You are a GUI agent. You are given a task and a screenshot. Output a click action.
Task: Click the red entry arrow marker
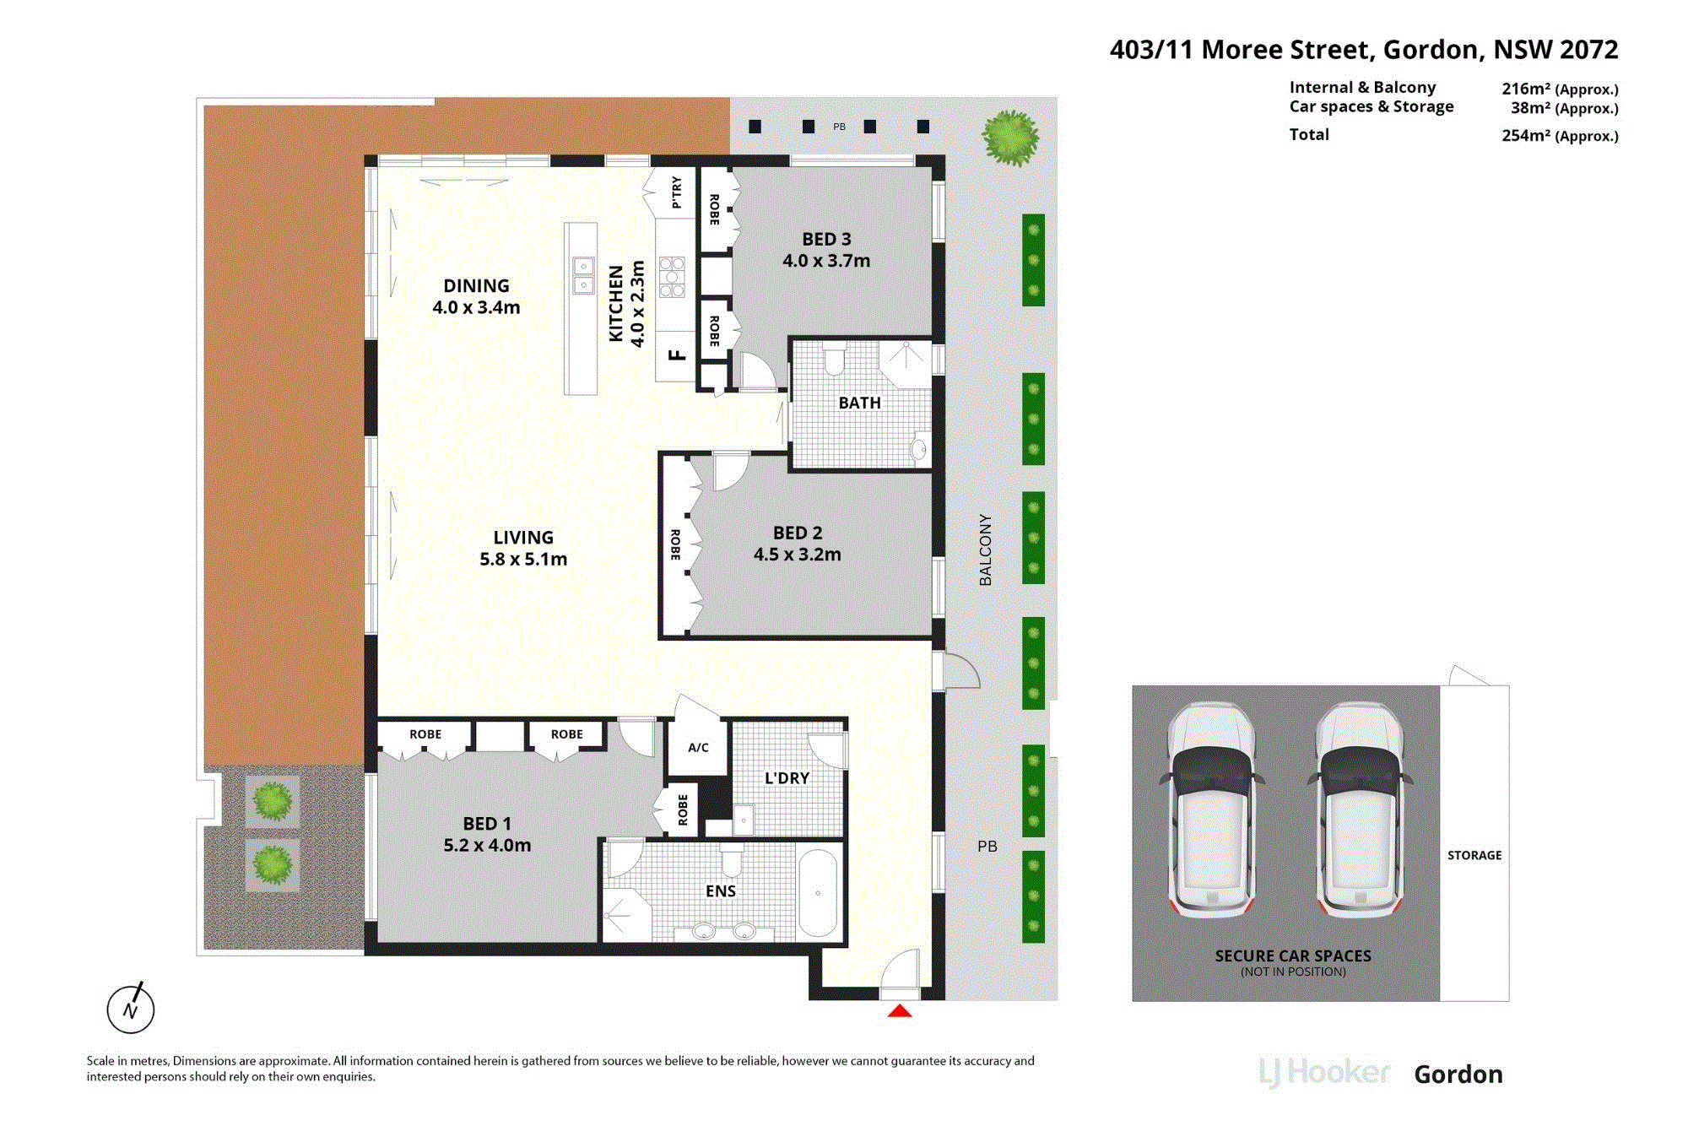tap(900, 1010)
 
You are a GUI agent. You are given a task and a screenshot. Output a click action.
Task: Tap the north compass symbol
tap(131, 1008)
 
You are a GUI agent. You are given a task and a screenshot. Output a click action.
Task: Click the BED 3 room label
tap(826, 239)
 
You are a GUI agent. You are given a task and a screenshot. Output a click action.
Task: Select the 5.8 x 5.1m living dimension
tap(523, 559)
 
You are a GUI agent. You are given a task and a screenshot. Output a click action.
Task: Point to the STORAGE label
tap(1474, 855)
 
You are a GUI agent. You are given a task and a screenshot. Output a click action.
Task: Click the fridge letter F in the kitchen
tap(677, 355)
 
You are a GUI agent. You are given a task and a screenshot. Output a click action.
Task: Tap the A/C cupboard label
tap(698, 747)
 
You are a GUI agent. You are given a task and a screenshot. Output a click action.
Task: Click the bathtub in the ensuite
tap(817, 893)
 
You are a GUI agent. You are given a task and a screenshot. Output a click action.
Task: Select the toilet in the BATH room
tap(834, 358)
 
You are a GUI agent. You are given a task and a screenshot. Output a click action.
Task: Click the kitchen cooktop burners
tap(672, 277)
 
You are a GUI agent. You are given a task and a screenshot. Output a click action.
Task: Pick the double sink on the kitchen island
tap(583, 275)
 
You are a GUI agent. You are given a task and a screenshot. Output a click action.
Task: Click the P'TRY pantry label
tap(676, 192)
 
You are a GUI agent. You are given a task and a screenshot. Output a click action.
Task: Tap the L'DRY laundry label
tap(787, 778)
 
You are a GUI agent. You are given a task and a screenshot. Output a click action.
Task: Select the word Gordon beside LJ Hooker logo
tap(1458, 1074)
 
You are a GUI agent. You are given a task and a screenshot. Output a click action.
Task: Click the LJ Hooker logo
tap(1324, 1073)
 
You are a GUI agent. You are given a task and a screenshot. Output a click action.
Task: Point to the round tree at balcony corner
tap(1010, 137)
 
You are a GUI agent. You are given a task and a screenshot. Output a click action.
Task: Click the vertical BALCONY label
tap(986, 549)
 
